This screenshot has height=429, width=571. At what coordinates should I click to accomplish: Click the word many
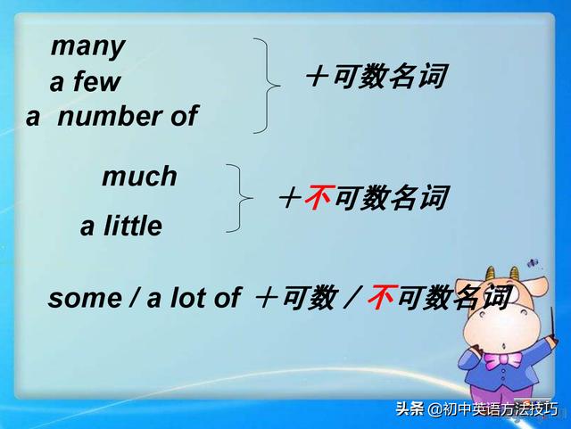click(87, 46)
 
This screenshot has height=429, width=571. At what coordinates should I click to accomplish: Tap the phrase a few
click(85, 83)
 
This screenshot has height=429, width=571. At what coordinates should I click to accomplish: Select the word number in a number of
click(110, 116)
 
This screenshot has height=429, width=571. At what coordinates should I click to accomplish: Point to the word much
click(139, 177)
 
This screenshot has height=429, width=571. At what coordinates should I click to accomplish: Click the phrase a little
click(121, 227)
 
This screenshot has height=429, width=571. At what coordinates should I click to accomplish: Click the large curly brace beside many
click(265, 86)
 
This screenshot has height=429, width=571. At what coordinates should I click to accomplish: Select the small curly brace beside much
click(236, 197)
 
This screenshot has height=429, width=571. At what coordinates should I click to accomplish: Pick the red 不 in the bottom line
click(379, 298)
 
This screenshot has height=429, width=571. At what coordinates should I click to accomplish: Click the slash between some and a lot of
click(133, 298)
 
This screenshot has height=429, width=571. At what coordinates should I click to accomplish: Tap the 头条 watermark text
click(410, 409)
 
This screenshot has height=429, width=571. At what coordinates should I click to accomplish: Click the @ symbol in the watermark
click(435, 410)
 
